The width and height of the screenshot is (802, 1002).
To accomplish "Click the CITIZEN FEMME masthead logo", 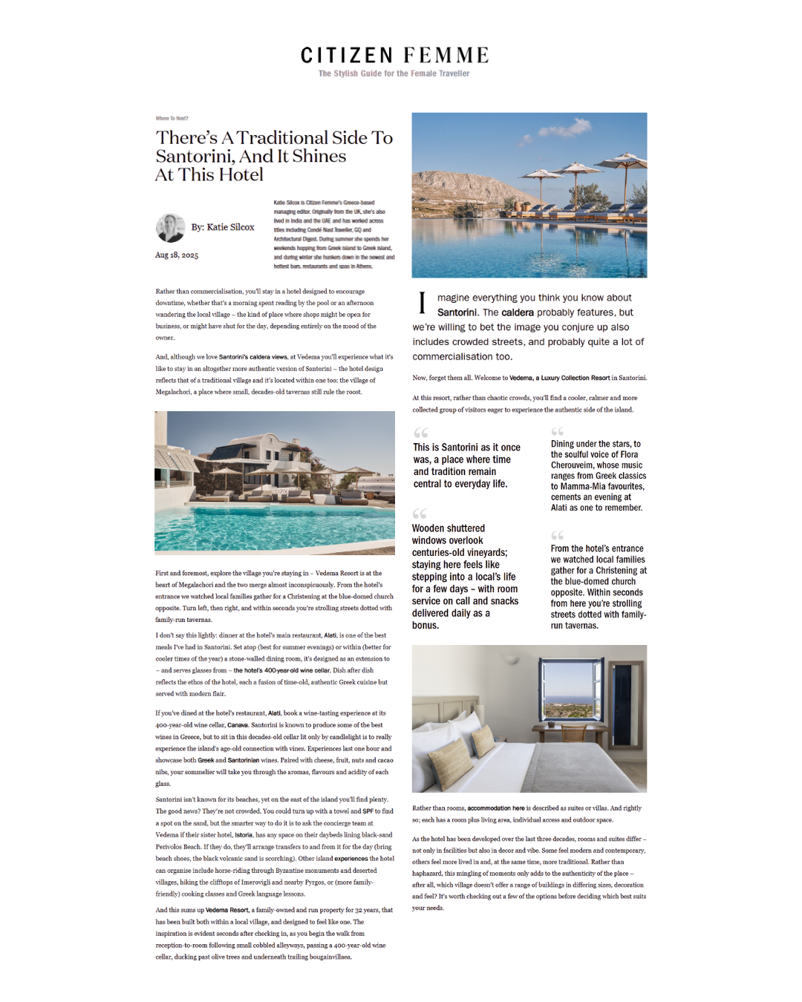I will (394, 56).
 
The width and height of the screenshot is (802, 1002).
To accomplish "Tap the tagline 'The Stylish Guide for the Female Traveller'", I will (394, 73).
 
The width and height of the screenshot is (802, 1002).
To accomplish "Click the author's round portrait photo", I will (170, 228).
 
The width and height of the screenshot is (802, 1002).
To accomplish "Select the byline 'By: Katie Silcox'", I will (222, 227).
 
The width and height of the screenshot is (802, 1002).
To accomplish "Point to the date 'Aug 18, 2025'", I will (177, 255).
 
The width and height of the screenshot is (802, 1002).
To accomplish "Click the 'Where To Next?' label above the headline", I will (172, 119).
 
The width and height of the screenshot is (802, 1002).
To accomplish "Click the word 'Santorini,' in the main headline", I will (195, 157).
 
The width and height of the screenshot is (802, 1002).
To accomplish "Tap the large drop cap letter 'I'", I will (422, 303).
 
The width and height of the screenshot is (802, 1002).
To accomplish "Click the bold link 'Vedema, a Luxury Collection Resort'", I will (559, 378).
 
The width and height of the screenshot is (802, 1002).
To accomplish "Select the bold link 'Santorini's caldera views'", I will (252, 357).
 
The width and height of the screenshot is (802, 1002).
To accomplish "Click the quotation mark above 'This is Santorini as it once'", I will (421, 433).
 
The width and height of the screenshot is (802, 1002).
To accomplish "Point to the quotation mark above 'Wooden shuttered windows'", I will (420, 514).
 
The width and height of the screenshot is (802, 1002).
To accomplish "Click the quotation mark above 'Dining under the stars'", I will (557, 431).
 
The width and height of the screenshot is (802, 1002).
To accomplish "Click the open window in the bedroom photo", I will (571, 691).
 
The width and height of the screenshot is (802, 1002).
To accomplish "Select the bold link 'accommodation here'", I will (495, 808).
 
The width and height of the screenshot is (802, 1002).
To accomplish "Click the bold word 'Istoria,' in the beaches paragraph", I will (244, 835).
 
